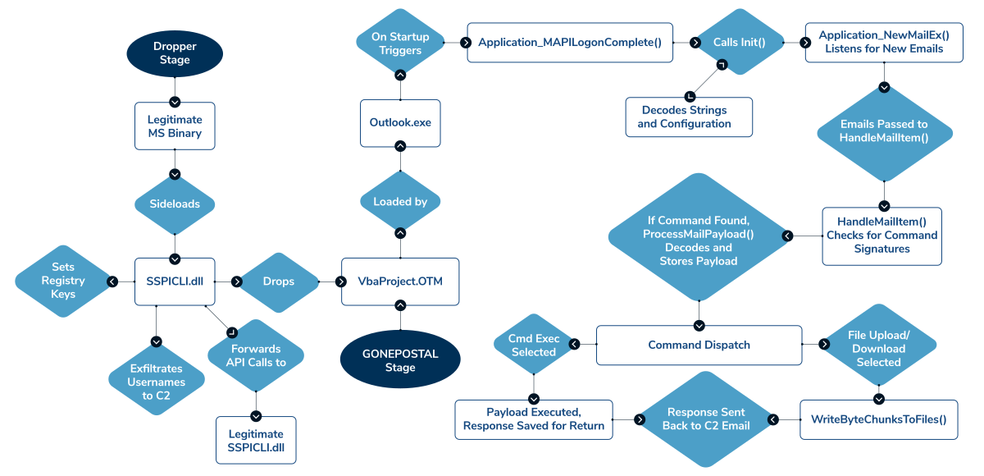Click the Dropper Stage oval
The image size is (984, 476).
[175, 53]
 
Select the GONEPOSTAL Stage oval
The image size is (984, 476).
[400, 359]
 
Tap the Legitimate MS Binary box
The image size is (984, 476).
[175, 126]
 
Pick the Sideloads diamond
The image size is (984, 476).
[175, 204]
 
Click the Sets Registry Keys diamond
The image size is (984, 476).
[63, 281]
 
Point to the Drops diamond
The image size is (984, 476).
[279, 281]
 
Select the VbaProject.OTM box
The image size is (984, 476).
[400, 281]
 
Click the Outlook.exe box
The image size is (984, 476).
[400, 123]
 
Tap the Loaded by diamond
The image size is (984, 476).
[400, 202]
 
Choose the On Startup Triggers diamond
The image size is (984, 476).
[400, 43]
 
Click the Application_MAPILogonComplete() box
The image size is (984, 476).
[570, 43]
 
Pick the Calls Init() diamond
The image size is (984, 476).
[740, 42]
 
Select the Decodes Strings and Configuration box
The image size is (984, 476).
[689, 117]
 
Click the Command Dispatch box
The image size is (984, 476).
[699, 345]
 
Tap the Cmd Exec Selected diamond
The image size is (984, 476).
[534, 345]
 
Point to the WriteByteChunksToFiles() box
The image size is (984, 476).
[878, 419]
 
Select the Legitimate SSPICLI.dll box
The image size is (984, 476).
[256, 441]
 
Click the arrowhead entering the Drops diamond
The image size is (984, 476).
[237, 281]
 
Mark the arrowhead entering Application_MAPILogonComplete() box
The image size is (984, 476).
[466, 43]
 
